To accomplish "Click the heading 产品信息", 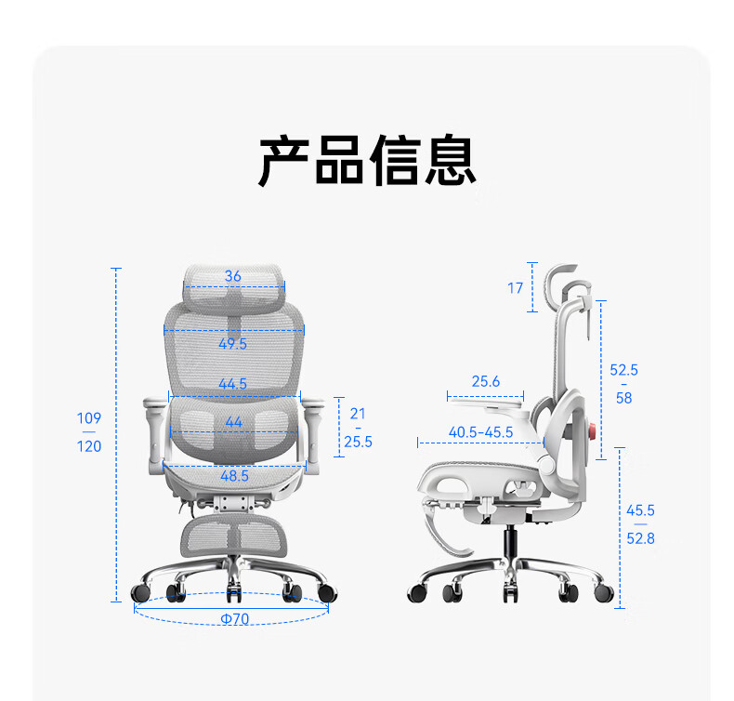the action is pyautogui.click(x=367, y=161).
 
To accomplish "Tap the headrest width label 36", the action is pyautogui.click(x=232, y=276).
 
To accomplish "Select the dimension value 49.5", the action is pyautogui.click(x=232, y=344).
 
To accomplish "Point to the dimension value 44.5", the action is pyautogui.click(x=232, y=384).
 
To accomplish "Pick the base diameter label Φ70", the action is pyautogui.click(x=234, y=619).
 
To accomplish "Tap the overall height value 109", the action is pyautogui.click(x=89, y=418).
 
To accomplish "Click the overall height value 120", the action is pyautogui.click(x=89, y=447).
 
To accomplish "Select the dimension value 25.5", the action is pyautogui.click(x=358, y=443).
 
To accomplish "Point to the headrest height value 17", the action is pyautogui.click(x=516, y=288).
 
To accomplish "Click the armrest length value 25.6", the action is pyautogui.click(x=485, y=381).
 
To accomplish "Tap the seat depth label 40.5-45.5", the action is pyautogui.click(x=480, y=432).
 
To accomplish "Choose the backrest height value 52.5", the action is pyautogui.click(x=623, y=370).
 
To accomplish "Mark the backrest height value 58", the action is pyautogui.click(x=623, y=398).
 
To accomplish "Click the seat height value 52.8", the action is pyautogui.click(x=640, y=538).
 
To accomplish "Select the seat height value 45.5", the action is pyautogui.click(x=640, y=510).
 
